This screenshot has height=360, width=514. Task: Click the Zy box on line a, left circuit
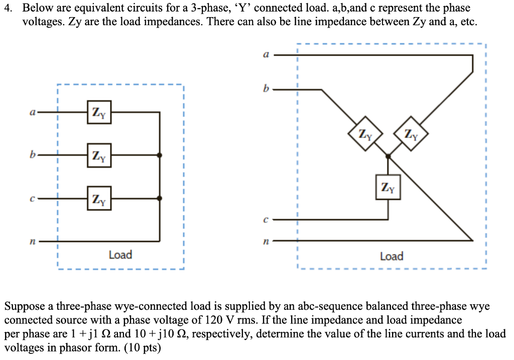(99, 112)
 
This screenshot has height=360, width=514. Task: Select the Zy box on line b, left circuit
(99, 156)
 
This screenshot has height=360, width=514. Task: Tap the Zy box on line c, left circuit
(99, 198)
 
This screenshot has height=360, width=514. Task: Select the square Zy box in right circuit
(388, 187)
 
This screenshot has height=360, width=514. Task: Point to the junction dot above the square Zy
(388, 157)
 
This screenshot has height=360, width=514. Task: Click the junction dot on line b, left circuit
(160, 156)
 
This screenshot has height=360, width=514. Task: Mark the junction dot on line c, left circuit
(160, 198)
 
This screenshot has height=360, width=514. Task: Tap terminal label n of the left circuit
(31, 242)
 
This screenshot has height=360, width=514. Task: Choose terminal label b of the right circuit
(266, 89)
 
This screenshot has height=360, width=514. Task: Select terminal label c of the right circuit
(266, 219)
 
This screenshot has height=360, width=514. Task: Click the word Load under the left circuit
(120, 255)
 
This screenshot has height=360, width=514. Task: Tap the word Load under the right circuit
(392, 257)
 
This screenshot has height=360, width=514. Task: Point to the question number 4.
(8, 8)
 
